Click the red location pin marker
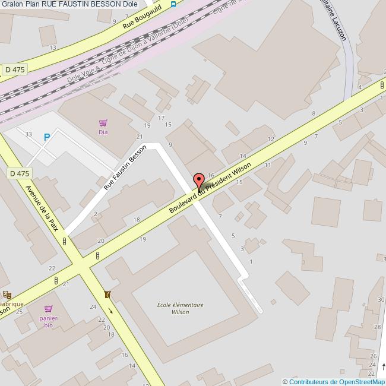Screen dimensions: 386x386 coord(199,181)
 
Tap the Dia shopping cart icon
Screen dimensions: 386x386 coord(103,123)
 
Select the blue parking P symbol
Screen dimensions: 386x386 coord(47,137)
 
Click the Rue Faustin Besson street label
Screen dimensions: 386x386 coord(125,167)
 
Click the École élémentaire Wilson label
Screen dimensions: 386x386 coord(180,308)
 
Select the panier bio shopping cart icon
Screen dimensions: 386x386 coord(49,309)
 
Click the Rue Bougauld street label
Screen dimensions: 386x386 coord(142,20)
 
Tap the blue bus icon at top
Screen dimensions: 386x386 coord(173,4)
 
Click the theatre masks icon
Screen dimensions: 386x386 coord(7,294)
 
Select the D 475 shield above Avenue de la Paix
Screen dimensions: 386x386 coord(19,173)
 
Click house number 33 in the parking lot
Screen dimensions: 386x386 coord(29,134)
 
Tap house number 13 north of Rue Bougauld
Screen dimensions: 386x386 coord(53,48)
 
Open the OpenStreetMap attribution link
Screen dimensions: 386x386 coord(336,382)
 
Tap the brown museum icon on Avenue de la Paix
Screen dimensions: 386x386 coord(107,295)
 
